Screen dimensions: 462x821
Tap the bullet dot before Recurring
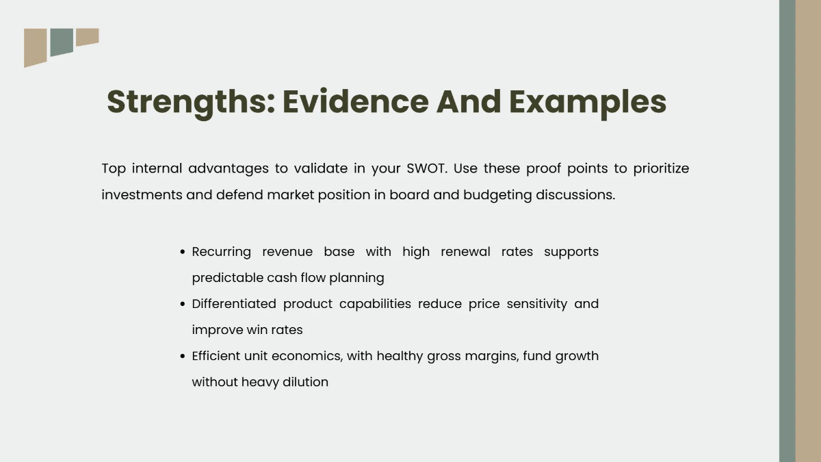tap(183, 253)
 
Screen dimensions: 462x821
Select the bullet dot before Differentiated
tap(183, 305)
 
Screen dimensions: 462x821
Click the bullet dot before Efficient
tap(183, 357)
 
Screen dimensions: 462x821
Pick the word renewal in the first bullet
tap(465, 252)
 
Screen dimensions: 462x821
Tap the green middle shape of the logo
tap(62, 42)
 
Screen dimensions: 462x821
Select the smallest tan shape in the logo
tap(87, 36)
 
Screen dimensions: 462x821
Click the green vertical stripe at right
tap(787, 231)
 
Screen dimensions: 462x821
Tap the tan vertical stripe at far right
tap(808, 231)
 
